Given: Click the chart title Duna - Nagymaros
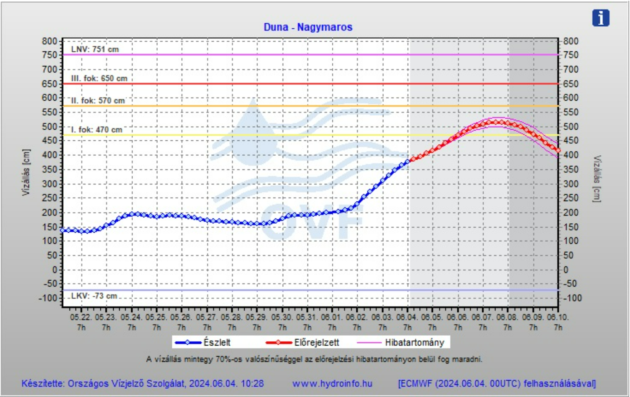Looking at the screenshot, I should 308,27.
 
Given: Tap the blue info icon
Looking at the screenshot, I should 601,18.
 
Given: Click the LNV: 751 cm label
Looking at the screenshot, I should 95,50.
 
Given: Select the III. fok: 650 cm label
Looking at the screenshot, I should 99,78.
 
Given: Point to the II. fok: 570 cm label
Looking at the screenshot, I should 98,101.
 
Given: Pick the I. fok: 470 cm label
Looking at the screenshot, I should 97,129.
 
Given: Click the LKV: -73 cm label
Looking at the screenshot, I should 94,296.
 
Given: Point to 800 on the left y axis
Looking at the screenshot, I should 50,41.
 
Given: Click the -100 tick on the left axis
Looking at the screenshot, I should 48,298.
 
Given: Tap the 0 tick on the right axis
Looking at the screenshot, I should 566,270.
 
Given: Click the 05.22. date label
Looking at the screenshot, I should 81,317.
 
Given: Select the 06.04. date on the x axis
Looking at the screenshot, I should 407,317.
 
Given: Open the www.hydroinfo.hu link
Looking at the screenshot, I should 332,384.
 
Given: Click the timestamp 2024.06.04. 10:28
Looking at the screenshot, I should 227,384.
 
